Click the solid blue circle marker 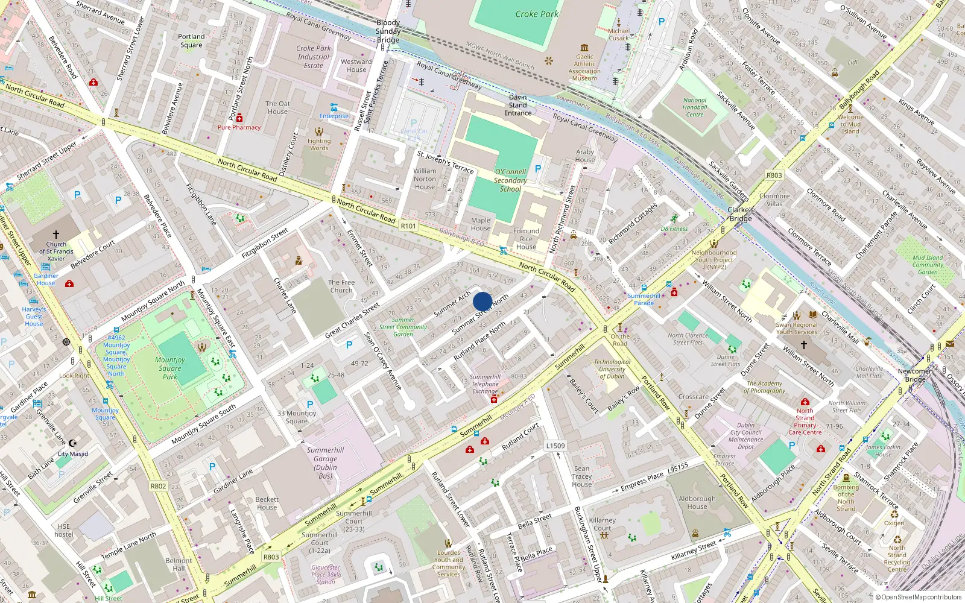click(482, 301)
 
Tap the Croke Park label click(536, 14)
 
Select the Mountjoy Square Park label click(170, 368)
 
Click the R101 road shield click(408, 226)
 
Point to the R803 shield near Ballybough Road click(774, 175)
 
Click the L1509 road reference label click(555, 446)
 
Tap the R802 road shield click(158, 486)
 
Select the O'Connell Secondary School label click(510, 180)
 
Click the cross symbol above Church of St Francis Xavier click(56, 234)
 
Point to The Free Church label click(341, 286)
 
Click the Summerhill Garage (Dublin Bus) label click(325, 463)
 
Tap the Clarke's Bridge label click(741, 214)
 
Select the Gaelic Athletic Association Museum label click(584, 67)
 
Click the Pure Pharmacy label click(239, 127)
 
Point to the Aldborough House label click(697, 502)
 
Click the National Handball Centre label click(695, 107)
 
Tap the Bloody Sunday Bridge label click(388, 31)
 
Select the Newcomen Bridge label click(915, 374)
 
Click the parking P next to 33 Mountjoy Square click(310, 405)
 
